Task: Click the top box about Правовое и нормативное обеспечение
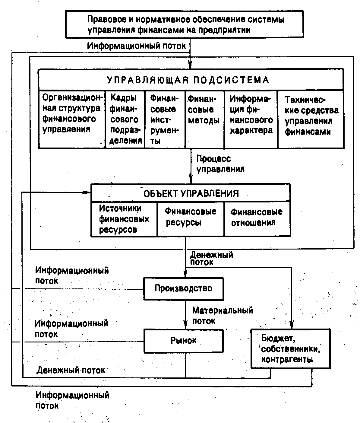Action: point(185,24)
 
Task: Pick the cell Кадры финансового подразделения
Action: point(125,119)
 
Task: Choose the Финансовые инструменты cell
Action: point(164,119)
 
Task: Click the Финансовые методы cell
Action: point(204,110)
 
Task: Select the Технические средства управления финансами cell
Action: point(311,116)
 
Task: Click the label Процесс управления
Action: point(220,164)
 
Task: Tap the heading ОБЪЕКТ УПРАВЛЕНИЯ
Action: point(191,193)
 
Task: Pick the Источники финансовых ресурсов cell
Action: point(124,219)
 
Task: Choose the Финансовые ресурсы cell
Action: point(191,217)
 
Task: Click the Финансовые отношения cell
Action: point(257,217)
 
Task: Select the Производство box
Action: point(183,288)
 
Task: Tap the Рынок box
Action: point(183,341)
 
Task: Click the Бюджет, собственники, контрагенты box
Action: point(290,349)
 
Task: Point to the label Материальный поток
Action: point(223,315)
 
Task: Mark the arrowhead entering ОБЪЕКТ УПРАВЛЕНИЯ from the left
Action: point(88,192)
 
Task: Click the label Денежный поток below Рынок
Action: point(71,370)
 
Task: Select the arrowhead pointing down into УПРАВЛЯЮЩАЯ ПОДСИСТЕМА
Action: point(190,65)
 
